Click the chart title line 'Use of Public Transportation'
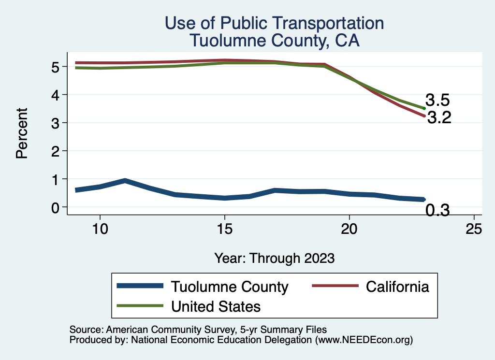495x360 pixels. pyautogui.click(x=274, y=23)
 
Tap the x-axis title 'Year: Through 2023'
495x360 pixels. pyautogui.click(x=274, y=258)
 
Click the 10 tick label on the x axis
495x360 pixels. pyautogui.click(x=100, y=230)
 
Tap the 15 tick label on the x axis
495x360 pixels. pyautogui.click(x=224, y=230)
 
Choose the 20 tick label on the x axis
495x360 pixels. pyautogui.click(x=349, y=230)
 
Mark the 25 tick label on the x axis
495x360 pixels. pyautogui.click(x=474, y=230)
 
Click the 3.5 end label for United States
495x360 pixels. pyautogui.click(x=438, y=101)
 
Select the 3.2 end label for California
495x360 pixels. pyautogui.click(x=439, y=117)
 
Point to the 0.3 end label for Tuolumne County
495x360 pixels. pyautogui.click(x=437, y=210)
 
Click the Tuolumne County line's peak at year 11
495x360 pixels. pyautogui.click(x=125, y=181)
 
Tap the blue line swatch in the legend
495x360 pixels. pyautogui.click(x=140, y=287)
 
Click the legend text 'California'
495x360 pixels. pyautogui.click(x=397, y=287)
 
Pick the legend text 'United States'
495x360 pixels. pyautogui.click(x=216, y=306)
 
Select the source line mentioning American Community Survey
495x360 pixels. pyautogui.click(x=198, y=330)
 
